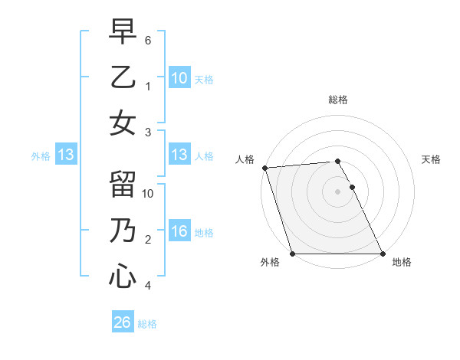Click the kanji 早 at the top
[x=123, y=32]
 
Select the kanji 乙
[x=123, y=77]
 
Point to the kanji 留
[x=123, y=185]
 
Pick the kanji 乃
[x=123, y=231]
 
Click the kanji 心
[x=123, y=276]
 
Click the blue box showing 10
[x=179, y=77]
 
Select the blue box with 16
[x=179, y=231]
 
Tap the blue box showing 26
[x=122, y=322]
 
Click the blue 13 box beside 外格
[x=65, y=155]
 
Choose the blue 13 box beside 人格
[x=179, y=155]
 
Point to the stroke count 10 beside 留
[x=149, y=193]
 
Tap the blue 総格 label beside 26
[x=147, y=324]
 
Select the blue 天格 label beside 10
[x=204, y=79]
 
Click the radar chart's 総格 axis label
[x=338, y=100]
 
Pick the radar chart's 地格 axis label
[x=402, y=262]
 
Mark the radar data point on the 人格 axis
[x=264, y=168]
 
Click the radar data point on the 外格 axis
[x=292, y=254]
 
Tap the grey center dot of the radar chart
[x=337, y=191]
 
